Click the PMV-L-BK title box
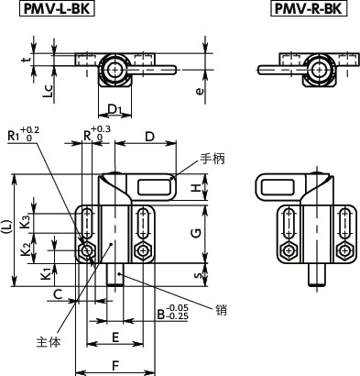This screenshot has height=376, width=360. click(57, 8)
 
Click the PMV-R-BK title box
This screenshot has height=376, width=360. click(309, 8)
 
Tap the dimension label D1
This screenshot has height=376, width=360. click(115, 109)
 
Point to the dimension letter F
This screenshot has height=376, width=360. click(115, 366)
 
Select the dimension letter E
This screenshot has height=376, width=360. click(115, 337)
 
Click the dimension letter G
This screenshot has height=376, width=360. click(198, 234)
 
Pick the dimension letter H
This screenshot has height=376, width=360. click(198, 188)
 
